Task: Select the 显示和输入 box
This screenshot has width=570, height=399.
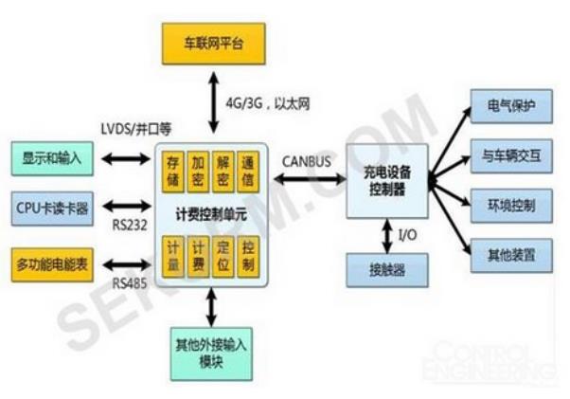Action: point(53,157)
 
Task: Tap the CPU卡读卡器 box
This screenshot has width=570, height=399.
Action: point(53,209)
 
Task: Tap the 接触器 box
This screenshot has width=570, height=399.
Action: point(387,269)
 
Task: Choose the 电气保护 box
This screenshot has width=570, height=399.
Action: point(511,106)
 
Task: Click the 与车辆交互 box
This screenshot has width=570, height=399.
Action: point(511,155)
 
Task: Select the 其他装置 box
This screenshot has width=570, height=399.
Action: point(511,254)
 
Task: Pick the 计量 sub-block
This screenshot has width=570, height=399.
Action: point(173,253)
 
